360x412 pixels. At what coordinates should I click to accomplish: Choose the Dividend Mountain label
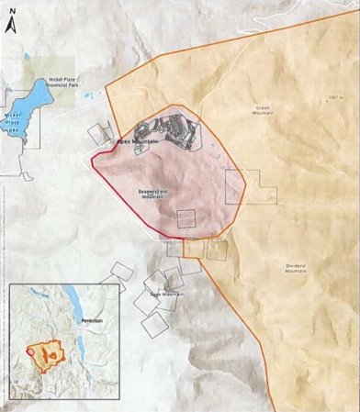(295, 269)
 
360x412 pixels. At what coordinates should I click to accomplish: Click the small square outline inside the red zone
(186, 218)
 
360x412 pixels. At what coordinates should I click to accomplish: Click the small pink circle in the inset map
(31, 351)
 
